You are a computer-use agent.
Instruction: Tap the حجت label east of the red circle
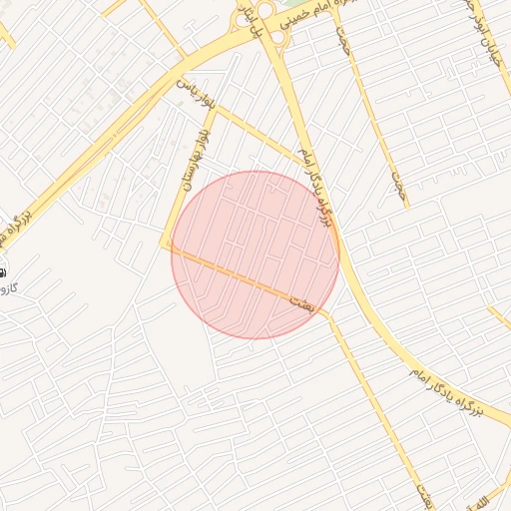[x=401, y=186]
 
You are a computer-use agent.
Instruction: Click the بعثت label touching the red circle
[x=300, y=301]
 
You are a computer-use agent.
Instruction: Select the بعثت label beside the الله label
[x=424, y=493]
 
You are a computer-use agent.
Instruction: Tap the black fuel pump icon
[x=2, y=270]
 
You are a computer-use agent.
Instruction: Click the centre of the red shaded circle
[x=255, y=255]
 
